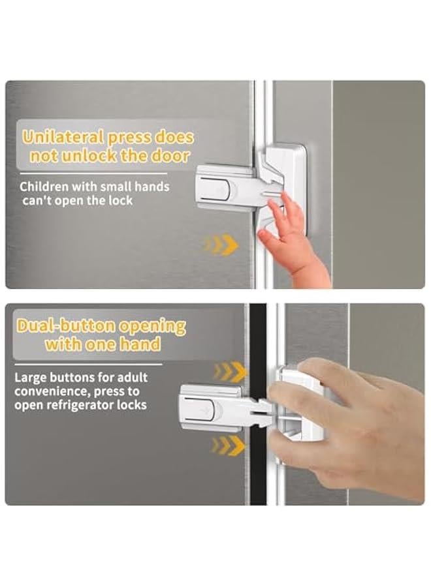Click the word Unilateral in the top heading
[63, 137]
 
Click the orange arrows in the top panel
[221, 244]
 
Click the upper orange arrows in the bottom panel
[229, 372]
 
